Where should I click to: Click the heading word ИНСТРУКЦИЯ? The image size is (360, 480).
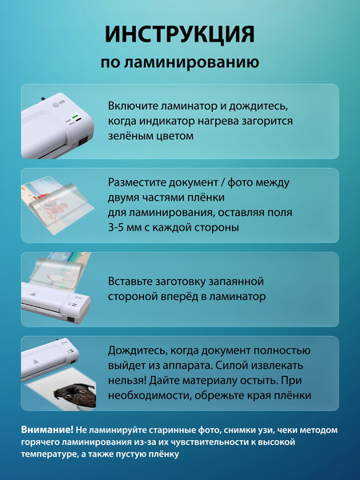pyautogui.click(x=180, y=34)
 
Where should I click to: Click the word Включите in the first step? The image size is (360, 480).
pyautogui.click(x=134, y=106)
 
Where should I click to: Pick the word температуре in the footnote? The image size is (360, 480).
pyautogui.click(x=52, y=454)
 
